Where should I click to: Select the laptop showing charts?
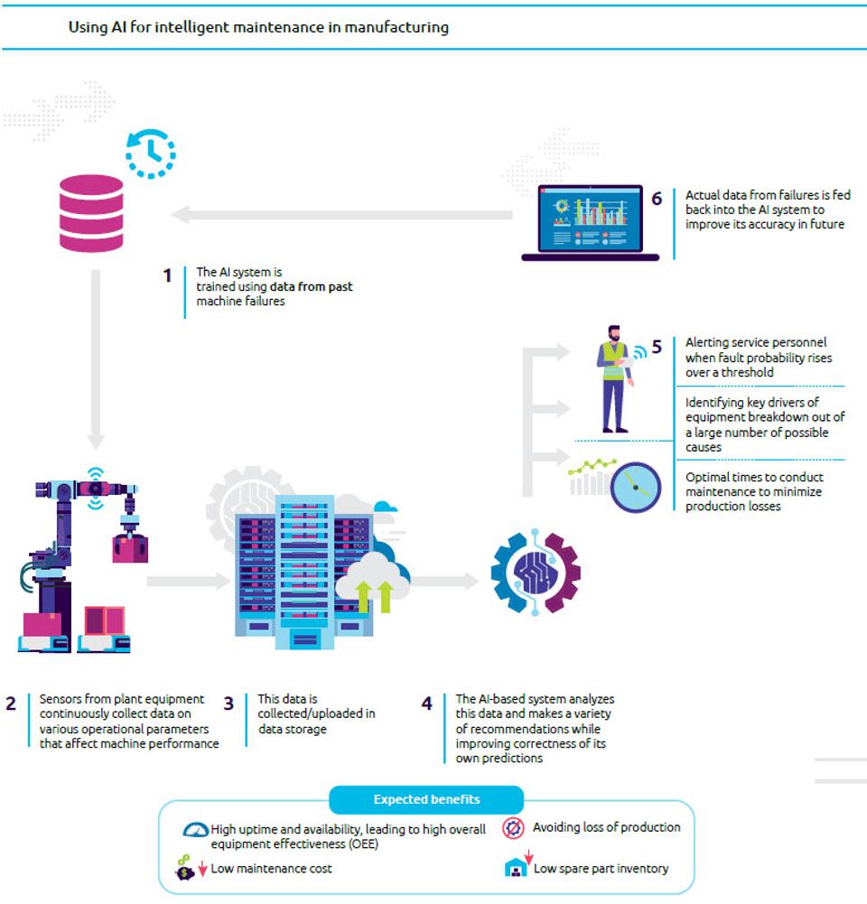coord(590,222)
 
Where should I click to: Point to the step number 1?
coord(167,275)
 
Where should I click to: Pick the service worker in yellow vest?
coord(614,379)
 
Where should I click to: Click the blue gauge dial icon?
coord(637,488)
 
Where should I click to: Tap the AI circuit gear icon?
coord(536,573)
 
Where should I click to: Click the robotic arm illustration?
coord(81,560)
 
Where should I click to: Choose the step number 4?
coord(426,704)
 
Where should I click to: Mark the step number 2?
coord(11,704)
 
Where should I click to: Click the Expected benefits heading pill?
coord(426,799)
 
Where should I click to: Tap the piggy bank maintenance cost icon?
coord(183,869)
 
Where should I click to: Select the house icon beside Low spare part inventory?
coord(516,868)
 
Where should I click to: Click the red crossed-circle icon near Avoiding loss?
coord(514,827)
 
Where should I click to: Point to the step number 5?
coord(657,347)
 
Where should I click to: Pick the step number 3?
coord(229,704)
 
